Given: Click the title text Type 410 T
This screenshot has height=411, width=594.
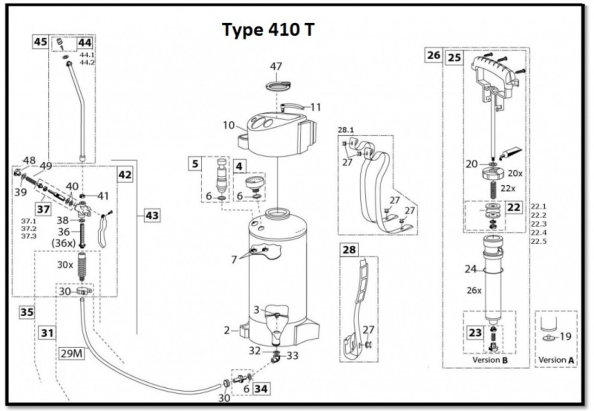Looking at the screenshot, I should pos(268,30).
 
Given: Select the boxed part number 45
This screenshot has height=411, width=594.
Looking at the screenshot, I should pos(40,42).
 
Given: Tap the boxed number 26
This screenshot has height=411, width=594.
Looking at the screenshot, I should pos(434,55).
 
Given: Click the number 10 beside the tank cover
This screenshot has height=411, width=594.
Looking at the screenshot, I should pos(228,125).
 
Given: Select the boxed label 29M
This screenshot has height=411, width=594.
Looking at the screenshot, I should pos(71,353).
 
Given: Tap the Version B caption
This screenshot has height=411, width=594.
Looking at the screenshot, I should pos(486,360).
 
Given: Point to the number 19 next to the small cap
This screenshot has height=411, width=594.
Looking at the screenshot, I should pos(565,336).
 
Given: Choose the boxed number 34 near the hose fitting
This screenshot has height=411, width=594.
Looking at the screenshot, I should pos(261,388).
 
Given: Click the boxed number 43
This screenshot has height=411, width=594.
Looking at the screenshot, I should pos(153,215).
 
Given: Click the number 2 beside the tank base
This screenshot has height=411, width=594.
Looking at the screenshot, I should pos(227,330).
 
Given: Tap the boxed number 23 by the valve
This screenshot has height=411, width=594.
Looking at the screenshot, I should pos(475,333).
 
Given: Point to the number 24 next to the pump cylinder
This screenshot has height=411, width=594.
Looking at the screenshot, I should pos(471,268).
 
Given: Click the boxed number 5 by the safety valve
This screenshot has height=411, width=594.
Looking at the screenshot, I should pos(195,163).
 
